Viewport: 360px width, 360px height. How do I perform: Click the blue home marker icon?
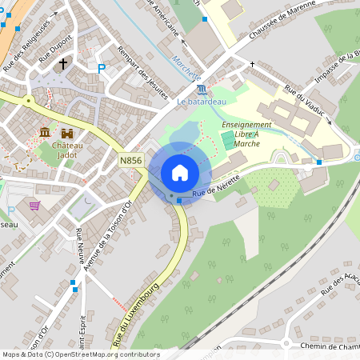click(180, 173)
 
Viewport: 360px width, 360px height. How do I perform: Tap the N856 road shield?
click(131, 161)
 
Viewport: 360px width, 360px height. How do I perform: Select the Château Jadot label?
click(70, 150)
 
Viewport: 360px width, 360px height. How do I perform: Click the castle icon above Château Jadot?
click(68, 132)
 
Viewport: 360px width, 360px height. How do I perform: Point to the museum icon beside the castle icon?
click(45, 132)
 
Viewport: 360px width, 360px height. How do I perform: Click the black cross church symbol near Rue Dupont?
click(63, 63)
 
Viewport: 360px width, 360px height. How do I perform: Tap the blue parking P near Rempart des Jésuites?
click(102, 70)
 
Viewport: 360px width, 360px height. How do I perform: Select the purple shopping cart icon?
click(34, 206)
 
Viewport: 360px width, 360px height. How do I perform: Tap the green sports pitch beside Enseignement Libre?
click(229, 140)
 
